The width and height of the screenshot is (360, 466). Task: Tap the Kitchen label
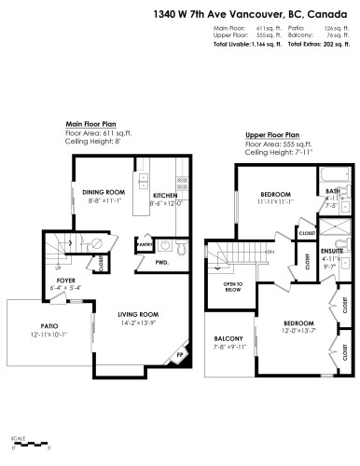(x=166, y=195)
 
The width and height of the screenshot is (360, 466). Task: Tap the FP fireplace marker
(x=179, y=355)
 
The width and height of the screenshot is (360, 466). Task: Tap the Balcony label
(x=228, y=337)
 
